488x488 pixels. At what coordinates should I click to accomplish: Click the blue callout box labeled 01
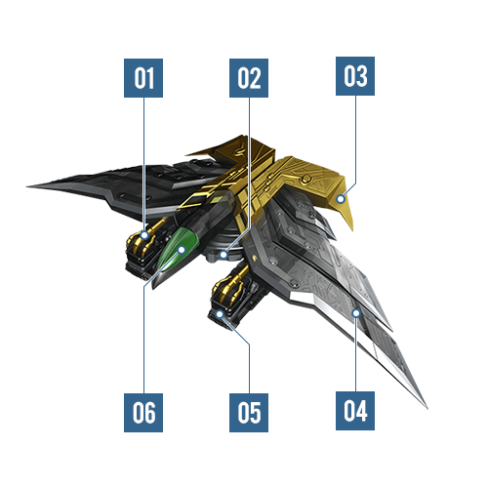tap(143, 78)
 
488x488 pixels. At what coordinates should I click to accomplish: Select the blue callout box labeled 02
tap(249, 78)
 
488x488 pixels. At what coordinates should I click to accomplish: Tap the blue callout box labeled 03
tap(355, 76)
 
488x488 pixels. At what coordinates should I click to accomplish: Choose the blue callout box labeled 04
tap(355, 411)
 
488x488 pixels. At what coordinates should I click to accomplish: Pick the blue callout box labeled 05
tap(249, 413)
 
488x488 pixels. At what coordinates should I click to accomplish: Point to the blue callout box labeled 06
tap(143, 413)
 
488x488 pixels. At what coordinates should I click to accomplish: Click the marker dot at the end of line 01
tap(144, 234)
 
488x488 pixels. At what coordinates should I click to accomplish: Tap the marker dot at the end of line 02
tap(224, 254)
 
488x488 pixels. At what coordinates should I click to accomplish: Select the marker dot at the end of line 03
tap(341, 198)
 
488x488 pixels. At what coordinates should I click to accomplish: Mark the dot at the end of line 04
tap(356, 313)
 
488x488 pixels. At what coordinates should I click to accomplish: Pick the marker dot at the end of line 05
tap(220, 314)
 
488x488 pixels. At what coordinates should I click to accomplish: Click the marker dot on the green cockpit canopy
tap(182, 250)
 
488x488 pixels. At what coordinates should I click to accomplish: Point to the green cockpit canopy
tap(178, 249)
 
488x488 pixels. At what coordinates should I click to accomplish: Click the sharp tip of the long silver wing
tap(427, 408)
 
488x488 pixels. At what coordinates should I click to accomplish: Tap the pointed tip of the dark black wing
tap(27, 186)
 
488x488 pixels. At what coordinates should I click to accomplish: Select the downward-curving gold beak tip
tap(352, 229)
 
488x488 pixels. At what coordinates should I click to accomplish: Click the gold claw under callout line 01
tap(145, 237)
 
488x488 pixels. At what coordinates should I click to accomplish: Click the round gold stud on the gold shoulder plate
tap(305, 179)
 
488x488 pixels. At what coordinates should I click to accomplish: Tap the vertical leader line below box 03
tap(355, 140)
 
